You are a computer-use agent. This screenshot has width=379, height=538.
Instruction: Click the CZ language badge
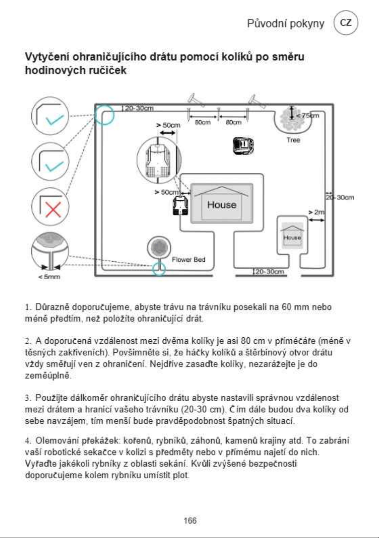tap(346, 23)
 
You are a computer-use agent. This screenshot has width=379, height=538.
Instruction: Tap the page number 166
tap(190, 521)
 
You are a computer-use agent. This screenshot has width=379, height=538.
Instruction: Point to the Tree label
tap(293, 140)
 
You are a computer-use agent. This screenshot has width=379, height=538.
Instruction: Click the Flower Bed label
tap(188, 259)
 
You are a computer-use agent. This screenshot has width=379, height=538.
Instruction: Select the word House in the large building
tap(222, 205)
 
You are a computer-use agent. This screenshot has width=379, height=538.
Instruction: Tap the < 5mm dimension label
tap(49, 277)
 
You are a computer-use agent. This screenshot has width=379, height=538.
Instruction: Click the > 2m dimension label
tap(316, 212)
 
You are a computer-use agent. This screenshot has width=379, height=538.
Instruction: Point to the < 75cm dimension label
tap(308, 115)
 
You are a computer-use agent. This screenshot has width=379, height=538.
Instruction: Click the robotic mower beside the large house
tap(180, 206)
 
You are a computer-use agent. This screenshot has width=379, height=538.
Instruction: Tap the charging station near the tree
tap(243, 145)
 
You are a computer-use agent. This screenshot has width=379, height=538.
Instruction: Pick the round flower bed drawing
tap(159, 247)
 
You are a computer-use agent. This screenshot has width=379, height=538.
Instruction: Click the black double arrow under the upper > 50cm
tap(167, 133)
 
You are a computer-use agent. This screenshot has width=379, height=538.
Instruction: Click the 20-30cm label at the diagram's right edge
tap(340, 197)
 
